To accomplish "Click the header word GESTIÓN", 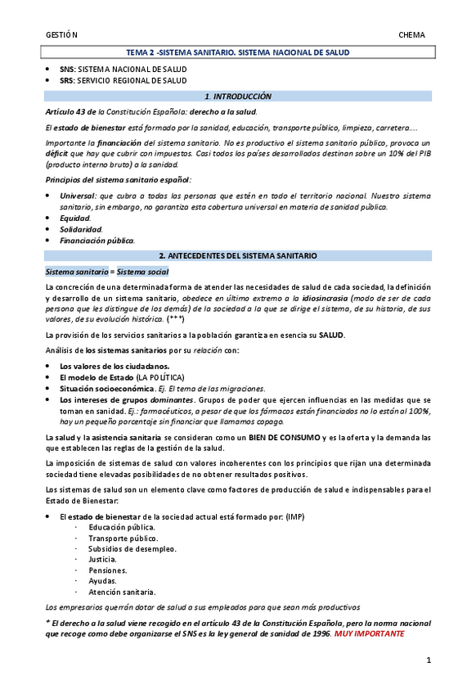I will pos(61,35).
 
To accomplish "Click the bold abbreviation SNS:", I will pos(67,70).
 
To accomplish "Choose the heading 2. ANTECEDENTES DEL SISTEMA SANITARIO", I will pos(237,256).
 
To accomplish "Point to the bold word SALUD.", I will pos(331,335).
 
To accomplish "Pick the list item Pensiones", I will pos(108,570).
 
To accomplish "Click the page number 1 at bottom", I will pos(429,660).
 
